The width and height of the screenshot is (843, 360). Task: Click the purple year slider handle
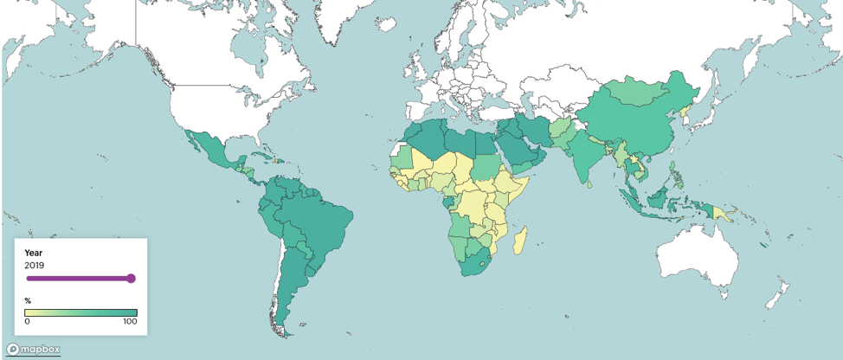(x=131, y=279)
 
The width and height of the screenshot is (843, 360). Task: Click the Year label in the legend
(x=34, y=253)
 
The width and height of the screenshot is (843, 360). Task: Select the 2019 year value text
(x=35, y=265)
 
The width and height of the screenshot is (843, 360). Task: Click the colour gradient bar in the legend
(x=80, y=312)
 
